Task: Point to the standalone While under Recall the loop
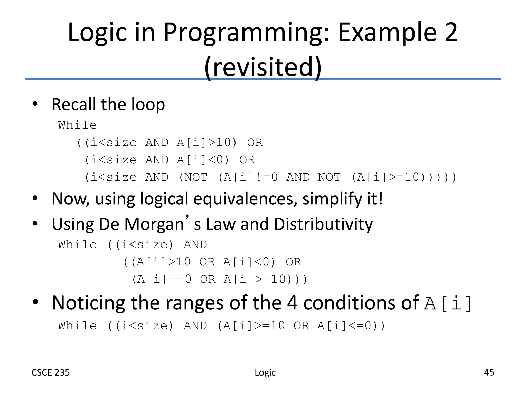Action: tap(77, 125)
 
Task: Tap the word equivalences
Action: tap(243, 199)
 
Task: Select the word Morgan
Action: tap(154, 224)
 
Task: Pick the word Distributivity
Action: tap(323, 224)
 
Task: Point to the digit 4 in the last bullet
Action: tap(292, 303)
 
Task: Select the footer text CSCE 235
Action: tap(51, 372)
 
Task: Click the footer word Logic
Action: tap(265, 372)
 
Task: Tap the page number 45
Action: tap(489, 372)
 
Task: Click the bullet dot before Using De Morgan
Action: tap(35, 224)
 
